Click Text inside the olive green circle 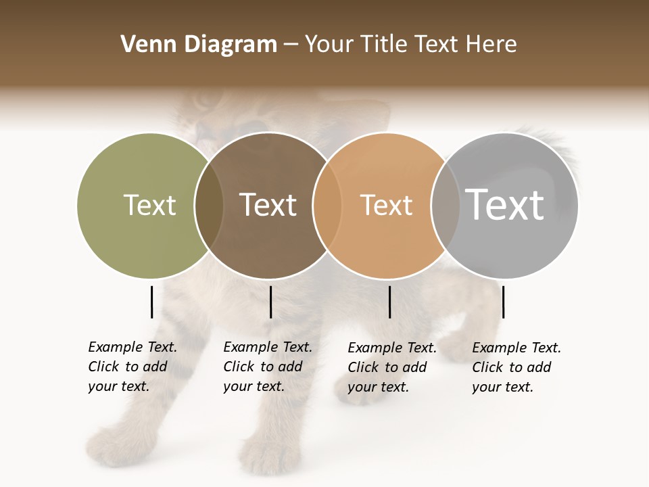click(149, 205)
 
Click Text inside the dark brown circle click(268, 205)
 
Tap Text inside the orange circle click(386, 205)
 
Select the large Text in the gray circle click(505, 205)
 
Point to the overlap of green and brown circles click(209, 205)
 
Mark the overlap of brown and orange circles click(327, 205)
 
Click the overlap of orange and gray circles click(445, 205)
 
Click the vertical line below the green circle click(151, 302)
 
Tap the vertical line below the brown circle click(270, 302)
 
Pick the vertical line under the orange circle click(389, 302)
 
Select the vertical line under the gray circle click(503, 302)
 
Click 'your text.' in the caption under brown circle click(254, 386)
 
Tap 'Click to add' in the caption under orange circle click(387, 367)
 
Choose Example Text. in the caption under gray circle click(516, 348)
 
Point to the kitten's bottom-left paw click(108, 443)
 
